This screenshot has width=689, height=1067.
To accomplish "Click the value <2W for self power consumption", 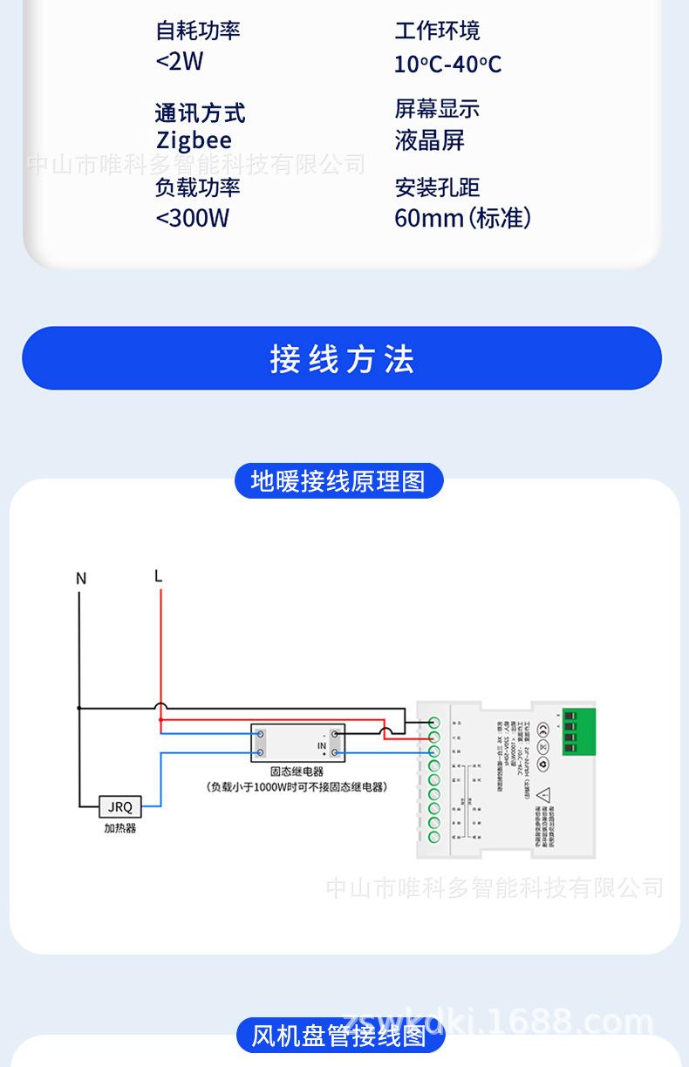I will click(179, 62).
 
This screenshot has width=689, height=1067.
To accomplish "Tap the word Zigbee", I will click(194, 140).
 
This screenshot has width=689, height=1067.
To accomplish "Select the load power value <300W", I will click(192, 218).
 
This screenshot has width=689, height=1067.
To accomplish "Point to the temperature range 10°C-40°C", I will click(447, 65).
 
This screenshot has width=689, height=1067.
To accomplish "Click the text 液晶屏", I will click(429, 140).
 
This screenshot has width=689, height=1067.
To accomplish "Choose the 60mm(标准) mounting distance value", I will click(462, 218).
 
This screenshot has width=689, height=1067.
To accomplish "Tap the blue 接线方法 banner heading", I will click(342, 359).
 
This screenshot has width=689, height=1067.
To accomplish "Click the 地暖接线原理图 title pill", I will click(338, 481).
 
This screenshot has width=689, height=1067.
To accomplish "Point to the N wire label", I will click(81, 579).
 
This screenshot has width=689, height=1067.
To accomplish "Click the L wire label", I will click(158, 576).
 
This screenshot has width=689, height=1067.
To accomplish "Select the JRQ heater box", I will click(120, 807).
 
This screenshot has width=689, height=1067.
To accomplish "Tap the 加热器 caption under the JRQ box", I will click(120, 828).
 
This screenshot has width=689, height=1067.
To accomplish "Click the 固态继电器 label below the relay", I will click(297, 771).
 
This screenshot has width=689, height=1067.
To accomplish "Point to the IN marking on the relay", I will click(321, 746).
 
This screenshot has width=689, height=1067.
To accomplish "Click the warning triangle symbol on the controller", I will click(543, 795).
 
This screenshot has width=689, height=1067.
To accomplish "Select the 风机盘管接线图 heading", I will click(338, 1036).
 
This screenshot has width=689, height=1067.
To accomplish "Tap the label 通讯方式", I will click(200, 112).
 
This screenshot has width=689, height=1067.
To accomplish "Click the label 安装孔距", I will click(437, 187).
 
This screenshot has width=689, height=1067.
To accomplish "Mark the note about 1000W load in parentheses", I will click(297, 786).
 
